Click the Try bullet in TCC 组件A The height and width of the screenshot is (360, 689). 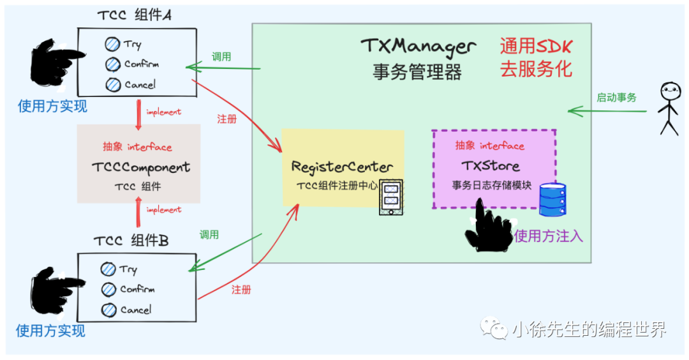point(113,44)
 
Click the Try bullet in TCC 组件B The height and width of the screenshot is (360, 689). point(109,269)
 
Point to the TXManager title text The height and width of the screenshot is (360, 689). point(418,46)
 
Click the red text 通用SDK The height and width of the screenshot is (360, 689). point(536,46)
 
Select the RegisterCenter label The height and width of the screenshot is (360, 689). point(342,167)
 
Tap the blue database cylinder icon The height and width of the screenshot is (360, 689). point(552,199)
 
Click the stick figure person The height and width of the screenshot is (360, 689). point(668,109)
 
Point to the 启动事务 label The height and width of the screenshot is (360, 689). point(616,98)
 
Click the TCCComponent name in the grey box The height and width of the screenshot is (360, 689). point(140,168)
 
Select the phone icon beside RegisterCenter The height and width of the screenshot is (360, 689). point(390,198)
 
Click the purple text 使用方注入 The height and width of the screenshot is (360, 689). point(549,236)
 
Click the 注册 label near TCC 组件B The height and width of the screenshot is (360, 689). point(241,290)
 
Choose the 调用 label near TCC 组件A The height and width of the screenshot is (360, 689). point(221,57)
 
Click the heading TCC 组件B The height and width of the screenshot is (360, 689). point(131,241)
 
